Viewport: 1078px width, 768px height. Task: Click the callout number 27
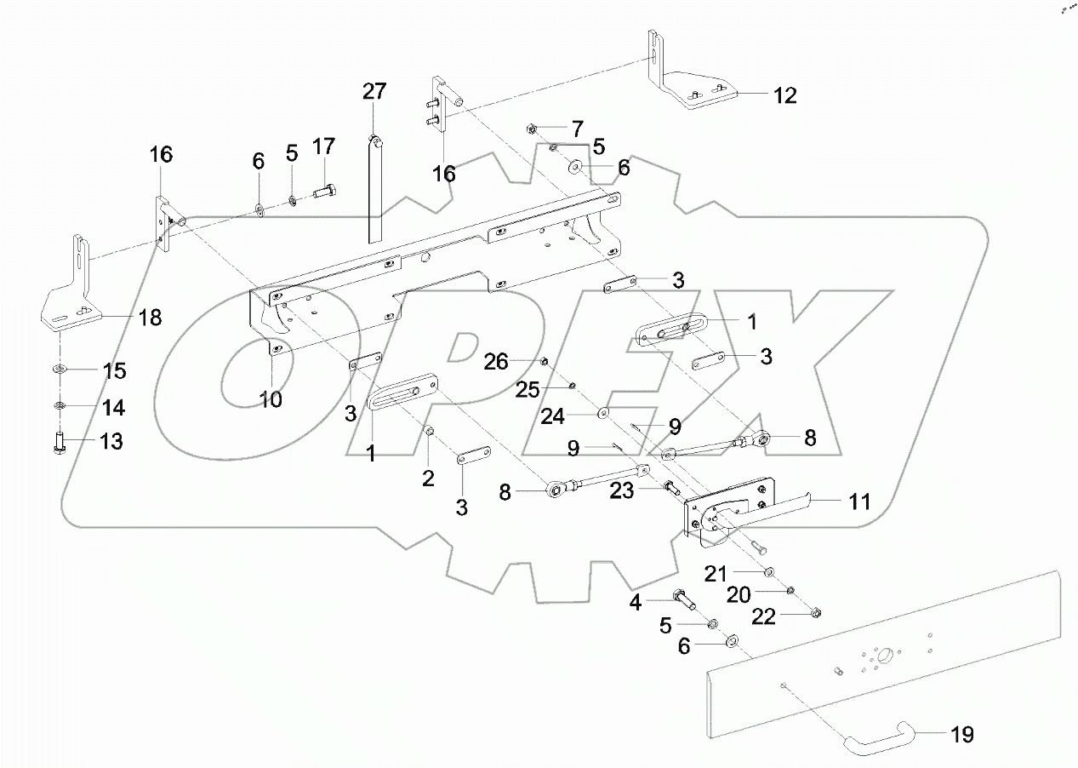click(x=374, y=91)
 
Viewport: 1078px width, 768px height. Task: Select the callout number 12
click(x=784, y=95)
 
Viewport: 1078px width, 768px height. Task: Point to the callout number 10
click(x=271, y=398)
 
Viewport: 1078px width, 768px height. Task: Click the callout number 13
click(x=111, y=441)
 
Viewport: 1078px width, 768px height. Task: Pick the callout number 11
click(x=859, y=501)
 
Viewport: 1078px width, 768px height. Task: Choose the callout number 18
click(x=149, y=318)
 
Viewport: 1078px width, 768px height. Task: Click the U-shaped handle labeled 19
click(x=877, y=733)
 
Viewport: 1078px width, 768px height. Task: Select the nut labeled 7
click(x=531, y=129)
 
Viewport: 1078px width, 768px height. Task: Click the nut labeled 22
click(x=814, y=611)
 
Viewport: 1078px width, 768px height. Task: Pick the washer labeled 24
click(x=602, y=413)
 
